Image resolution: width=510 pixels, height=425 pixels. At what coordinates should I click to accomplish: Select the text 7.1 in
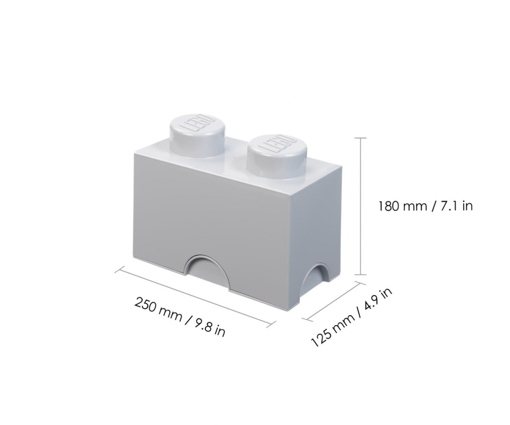(x=455, y=206)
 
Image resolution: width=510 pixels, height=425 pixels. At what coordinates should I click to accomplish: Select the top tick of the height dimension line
(x=361, y=138)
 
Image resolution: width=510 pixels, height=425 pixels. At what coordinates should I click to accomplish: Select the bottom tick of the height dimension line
(x=361, y=275)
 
